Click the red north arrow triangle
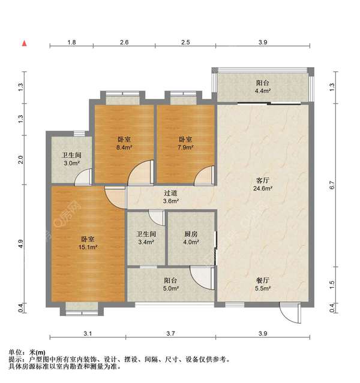pyautogui.click(x=24, y=43)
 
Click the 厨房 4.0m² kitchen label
pyautogui.click(x=191, y=239)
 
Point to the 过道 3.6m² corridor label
pyautogui.click(x=171, y=197)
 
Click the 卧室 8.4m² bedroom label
pyautogui.click(x=125, y=143)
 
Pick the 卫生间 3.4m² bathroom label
pyautogui.click(x=146, y=239)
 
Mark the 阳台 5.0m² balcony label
pyautogui.click(x=170, y=284)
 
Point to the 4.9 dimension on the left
pyautogui.click(x=22, y=245)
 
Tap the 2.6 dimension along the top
pyautogui.click(x=124, y=43)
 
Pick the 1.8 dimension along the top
pyautogui.click(x=71, y=43)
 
